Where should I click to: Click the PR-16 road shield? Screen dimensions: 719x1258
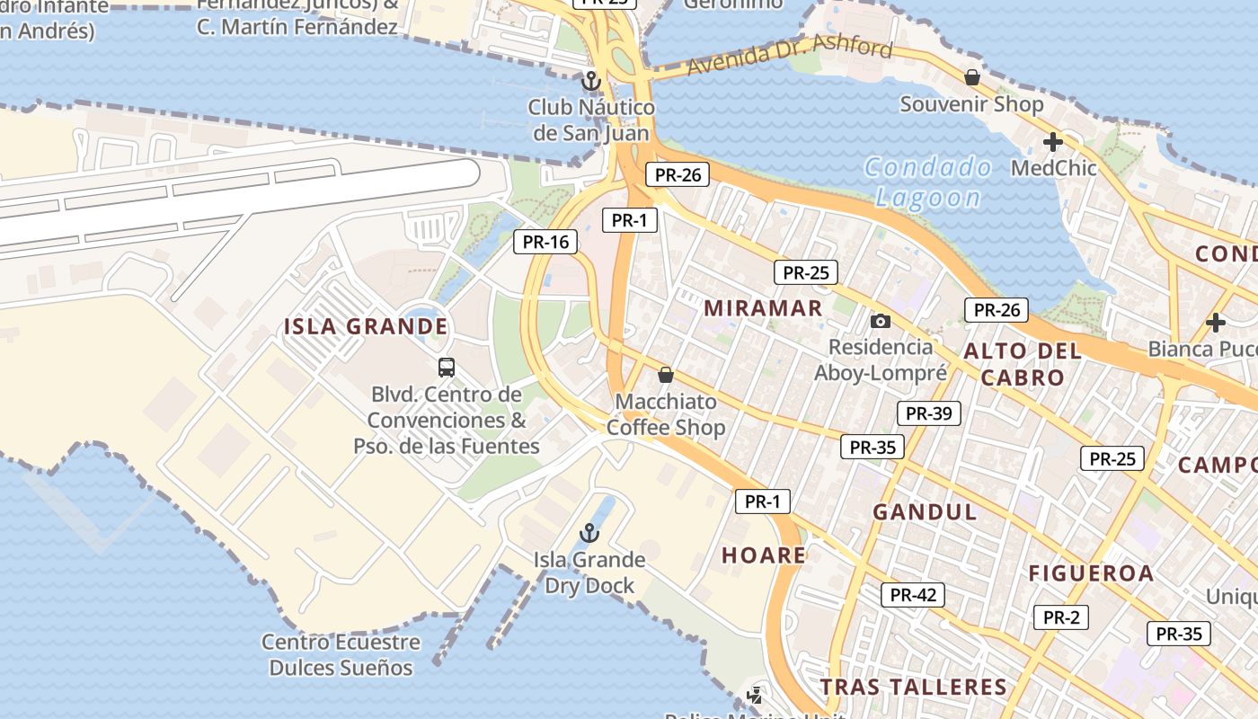(545, 242)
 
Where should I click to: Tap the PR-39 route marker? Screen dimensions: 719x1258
(928, 413)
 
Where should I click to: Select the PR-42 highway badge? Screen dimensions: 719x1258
(913, 594)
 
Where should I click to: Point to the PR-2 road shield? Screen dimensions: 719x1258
(1061, 617)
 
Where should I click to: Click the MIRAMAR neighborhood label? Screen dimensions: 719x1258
(763, 308)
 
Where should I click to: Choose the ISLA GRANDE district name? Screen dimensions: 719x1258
(366, 326)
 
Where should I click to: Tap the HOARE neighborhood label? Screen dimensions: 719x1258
(764, 555)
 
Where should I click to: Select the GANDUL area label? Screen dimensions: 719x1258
(925, 512)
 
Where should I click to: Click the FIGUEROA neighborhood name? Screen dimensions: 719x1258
(1091, 573)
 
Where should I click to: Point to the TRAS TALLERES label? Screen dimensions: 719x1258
(913, 688)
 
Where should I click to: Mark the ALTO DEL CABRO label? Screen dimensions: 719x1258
(1023, 364)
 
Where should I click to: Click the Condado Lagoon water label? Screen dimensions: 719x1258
(928, 182)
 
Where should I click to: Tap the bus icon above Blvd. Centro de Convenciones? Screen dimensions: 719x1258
(447, 367)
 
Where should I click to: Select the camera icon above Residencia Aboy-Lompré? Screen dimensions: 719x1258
(881, 321)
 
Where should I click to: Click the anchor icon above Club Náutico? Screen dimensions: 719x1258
(590, 81)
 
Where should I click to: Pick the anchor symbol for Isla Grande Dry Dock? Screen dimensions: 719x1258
(589, 533)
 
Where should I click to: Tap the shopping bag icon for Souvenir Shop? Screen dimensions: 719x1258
(971, 77)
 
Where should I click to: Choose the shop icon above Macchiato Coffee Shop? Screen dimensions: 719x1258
(666, 374)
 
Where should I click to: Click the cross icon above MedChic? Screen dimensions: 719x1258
(1053, 142)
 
